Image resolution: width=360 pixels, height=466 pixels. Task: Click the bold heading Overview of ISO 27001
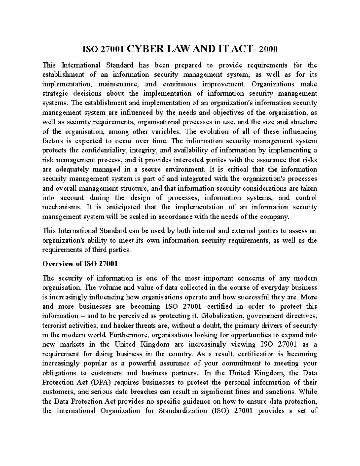80,264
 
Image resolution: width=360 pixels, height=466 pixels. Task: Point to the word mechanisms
61,207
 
